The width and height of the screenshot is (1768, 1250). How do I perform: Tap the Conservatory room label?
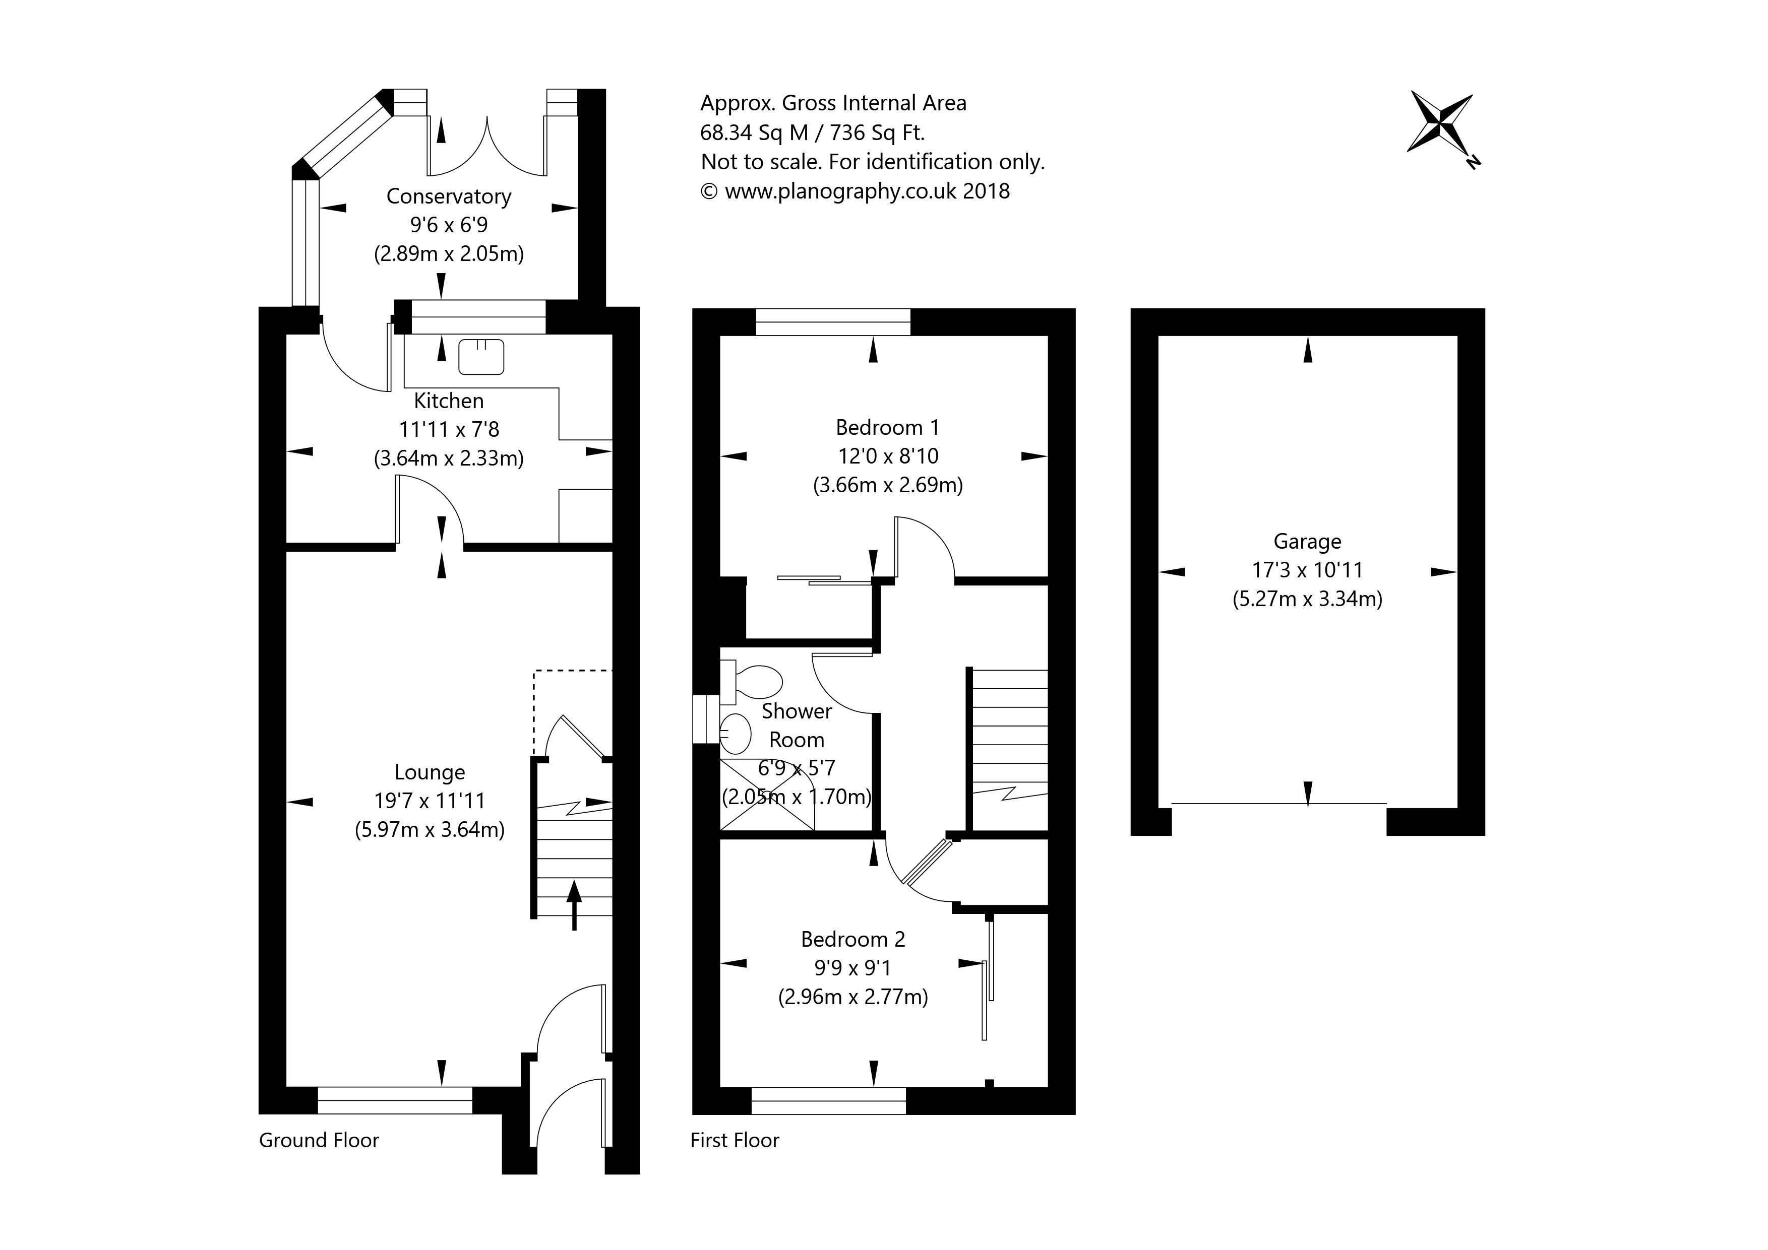click(x=448, y=196)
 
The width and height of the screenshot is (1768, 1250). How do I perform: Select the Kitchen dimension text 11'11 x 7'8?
click(x=448, y=429)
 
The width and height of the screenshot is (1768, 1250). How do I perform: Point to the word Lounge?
click(x=430, y=772)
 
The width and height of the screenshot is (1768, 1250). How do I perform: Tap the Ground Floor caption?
click(x=319, y=1140)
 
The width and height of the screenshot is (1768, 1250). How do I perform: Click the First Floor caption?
click(x=735, y=1140)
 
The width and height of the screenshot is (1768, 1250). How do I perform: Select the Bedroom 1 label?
click(x=887, y=427)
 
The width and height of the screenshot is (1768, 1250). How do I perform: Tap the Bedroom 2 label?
click(x=852, y=939)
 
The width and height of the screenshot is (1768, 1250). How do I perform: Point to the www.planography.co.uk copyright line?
click(x=855, y=191)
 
